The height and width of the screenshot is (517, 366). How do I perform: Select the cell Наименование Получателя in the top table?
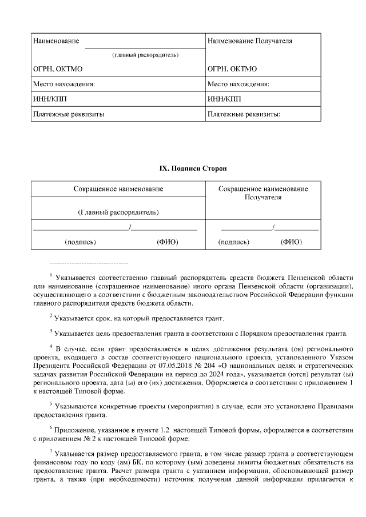pyautogui.click(x=250, y=41)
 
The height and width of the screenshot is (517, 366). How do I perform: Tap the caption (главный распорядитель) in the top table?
pyautogui.click(x=145, y=55)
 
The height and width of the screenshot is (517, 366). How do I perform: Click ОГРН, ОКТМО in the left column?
pyautogui.click(x=58, y=69)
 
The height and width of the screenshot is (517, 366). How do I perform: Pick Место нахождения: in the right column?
pyautogui.click(x=238, y=84)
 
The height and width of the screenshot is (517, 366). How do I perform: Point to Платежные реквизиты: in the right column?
pyautogui.click(x=244, y=114)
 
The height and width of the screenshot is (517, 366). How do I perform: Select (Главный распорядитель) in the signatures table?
pyautogui.click(x=118, y=212)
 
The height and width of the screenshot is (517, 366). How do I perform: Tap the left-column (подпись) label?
pyautogui.click(x=81, y=242)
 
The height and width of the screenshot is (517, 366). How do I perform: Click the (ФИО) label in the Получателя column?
pyautogui.click(x=291, y=242)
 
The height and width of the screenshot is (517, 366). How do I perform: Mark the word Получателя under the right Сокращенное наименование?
pyautogui.click(x=263, y=197)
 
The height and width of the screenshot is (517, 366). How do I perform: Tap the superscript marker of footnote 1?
pyautogui.click(x=51, y=274)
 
